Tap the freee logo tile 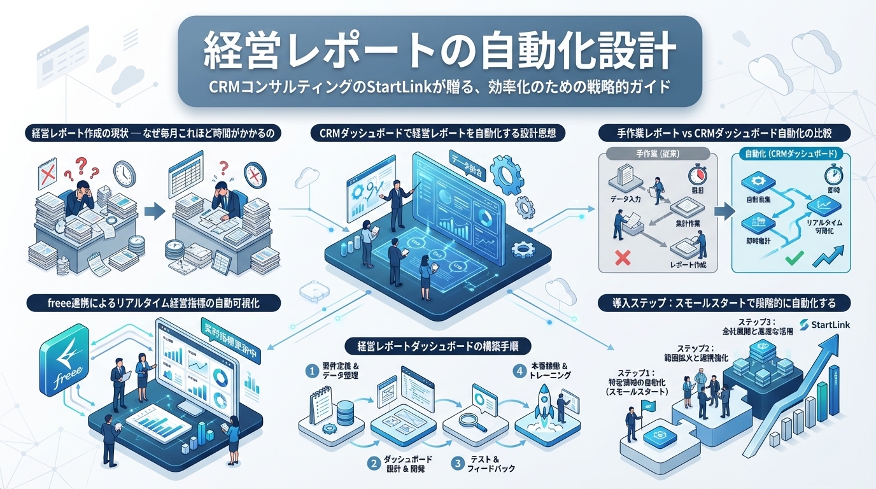pos(63,362)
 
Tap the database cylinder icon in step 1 pos(344,413)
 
